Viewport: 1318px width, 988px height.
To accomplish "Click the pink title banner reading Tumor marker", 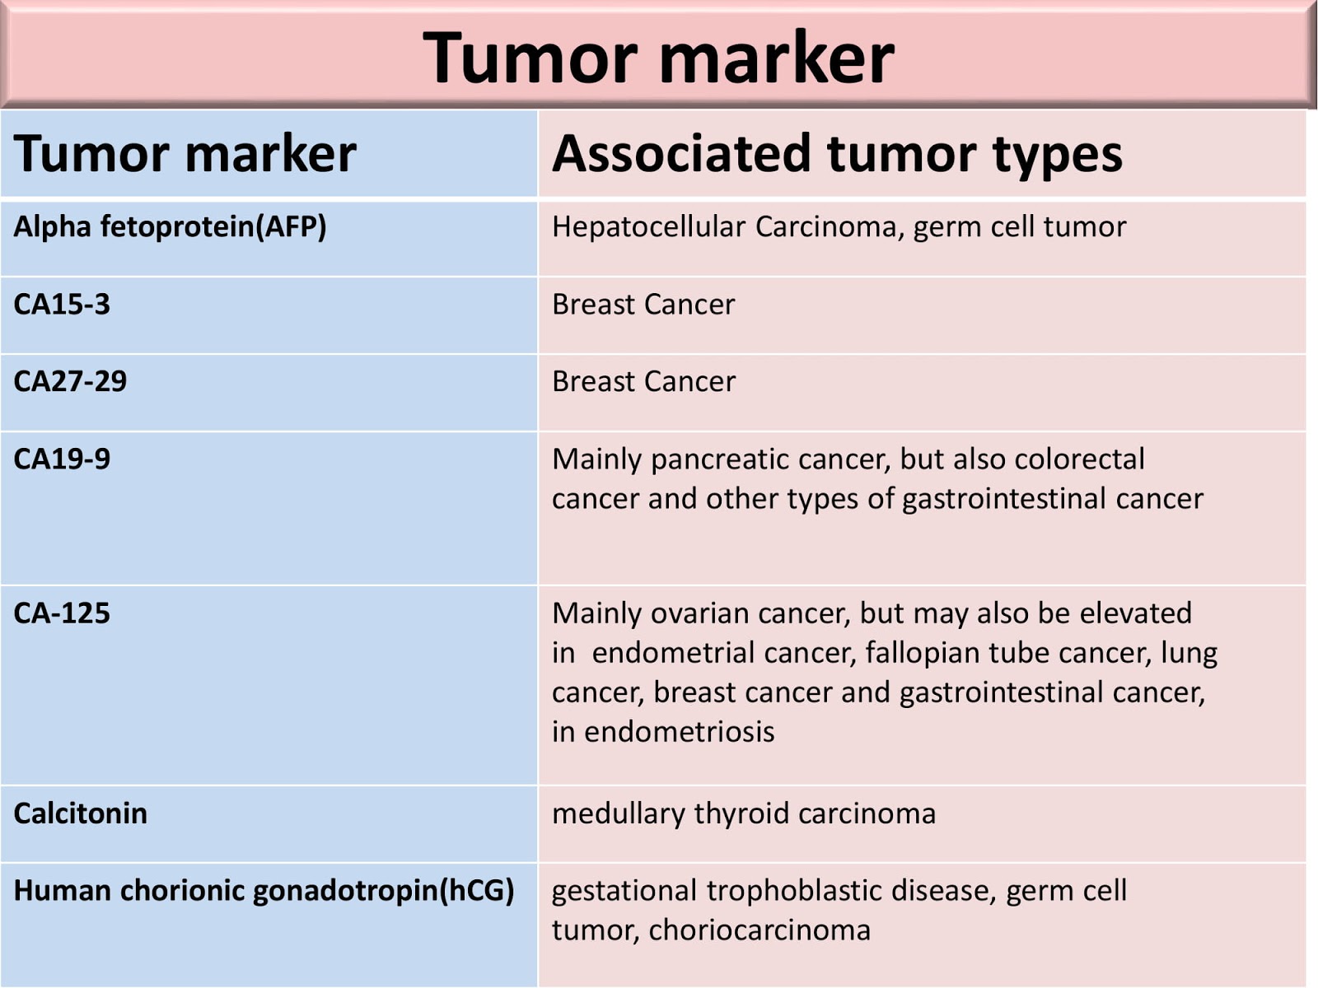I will pos(658,56).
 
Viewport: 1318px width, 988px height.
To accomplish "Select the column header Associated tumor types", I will pos(837,154).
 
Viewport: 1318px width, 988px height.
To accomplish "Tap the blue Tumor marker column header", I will pos(185,154).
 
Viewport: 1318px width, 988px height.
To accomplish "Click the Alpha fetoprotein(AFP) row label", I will pos(170,226).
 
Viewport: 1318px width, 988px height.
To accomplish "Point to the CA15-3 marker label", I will pos(62,305).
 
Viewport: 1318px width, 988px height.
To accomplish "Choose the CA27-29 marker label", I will pos(70,381).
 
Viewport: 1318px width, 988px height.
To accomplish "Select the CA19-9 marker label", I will pos(62,459).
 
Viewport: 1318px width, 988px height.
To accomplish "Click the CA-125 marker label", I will pos(62,613).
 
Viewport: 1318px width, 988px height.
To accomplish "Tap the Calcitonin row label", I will pos(80,813).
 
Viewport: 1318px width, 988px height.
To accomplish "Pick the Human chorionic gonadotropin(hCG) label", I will pos(264,891).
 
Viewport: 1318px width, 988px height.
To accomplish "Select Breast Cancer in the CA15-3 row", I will pos(643,305).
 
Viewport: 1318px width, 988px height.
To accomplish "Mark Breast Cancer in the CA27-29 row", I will pos(643,381).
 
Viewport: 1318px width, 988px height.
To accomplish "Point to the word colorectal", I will pos(1080,459).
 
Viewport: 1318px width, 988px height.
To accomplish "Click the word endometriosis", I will pos(679,732).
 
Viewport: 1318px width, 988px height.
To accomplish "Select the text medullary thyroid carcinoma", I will pos(744,813).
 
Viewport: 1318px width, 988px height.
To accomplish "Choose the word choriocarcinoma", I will pos(759,930).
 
